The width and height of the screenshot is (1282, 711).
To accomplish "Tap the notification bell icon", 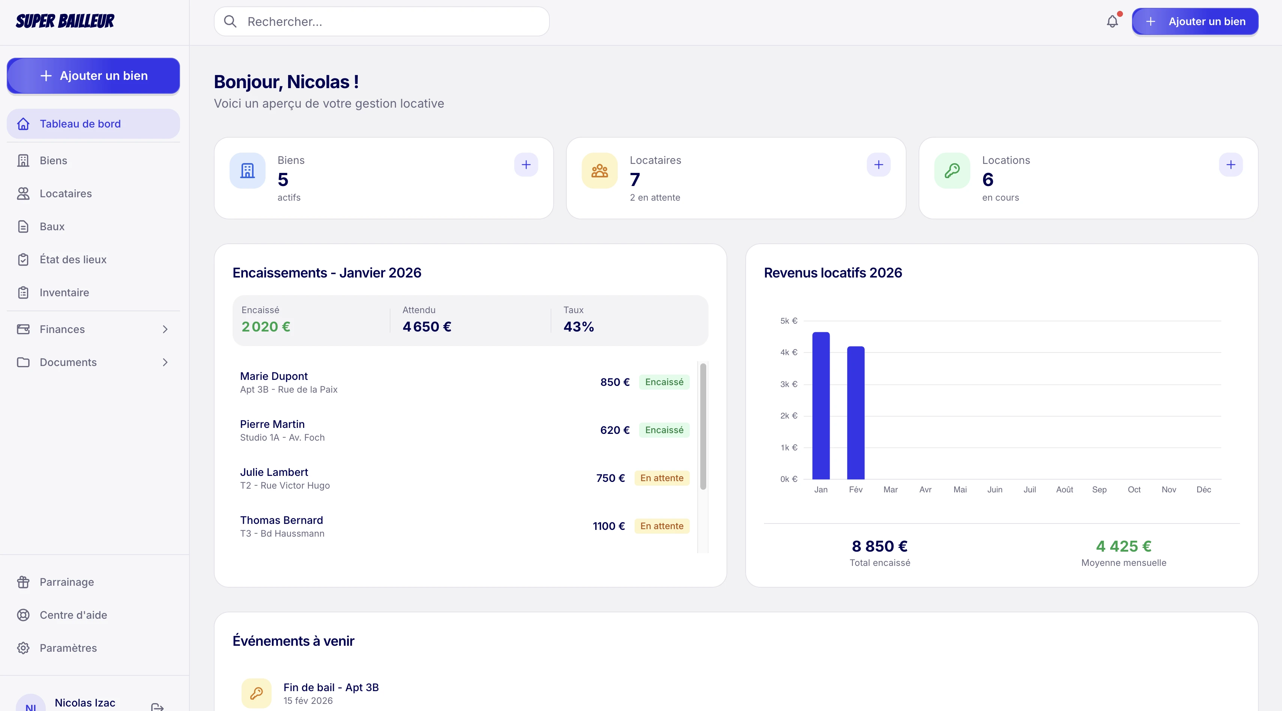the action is pyautogui.click(x=1112, y=21).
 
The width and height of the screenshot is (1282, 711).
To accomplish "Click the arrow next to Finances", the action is pyautogui.click(x=165, y=329).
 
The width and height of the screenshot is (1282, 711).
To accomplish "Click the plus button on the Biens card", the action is pyautogui.click(x=526, y=165).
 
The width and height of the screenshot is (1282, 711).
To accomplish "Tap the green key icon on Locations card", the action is pyautogui.click(x=952, y=171).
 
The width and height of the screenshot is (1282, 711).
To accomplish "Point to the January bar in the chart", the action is pyautogui.click(x=821, y=405).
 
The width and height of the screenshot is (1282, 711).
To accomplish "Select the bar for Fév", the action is pyautogui.click(x=856, y=413).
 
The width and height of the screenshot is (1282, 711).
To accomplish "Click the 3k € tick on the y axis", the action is pyautogui.click(x=789, y=384).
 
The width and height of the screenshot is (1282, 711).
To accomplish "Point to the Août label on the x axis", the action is pyautogui.click(x=1064, y=490).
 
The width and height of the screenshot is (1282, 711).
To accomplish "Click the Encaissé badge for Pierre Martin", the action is pyautogui.click(x=664, y=430).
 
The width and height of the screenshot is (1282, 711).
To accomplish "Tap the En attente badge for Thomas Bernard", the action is pyautogui.click(x=662, y=526).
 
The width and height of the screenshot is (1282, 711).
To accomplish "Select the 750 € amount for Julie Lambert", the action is pyautogui.click(x=611, y=478).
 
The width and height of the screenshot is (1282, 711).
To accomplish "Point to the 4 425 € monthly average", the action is pyautogui.click(x=1124, y=546).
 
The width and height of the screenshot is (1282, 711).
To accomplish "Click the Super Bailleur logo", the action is pyautogui.click(x=65, y=21).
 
